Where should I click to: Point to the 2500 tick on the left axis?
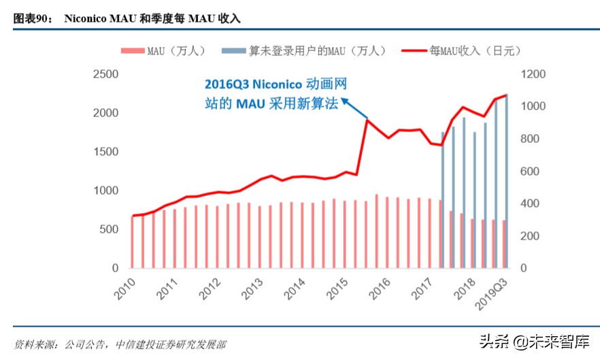pyautogui.click(x=105, y=74)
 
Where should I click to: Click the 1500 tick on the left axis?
pyautogui.click(x=105, y=152)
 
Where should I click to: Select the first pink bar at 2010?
pyautogui.click(x=133, y=242)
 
